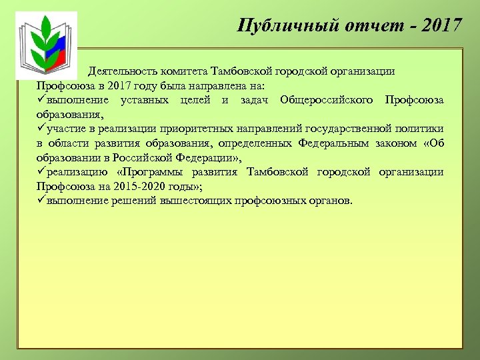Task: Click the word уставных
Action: (x=145, y=100)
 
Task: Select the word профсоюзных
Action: (x=274, y=201)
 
